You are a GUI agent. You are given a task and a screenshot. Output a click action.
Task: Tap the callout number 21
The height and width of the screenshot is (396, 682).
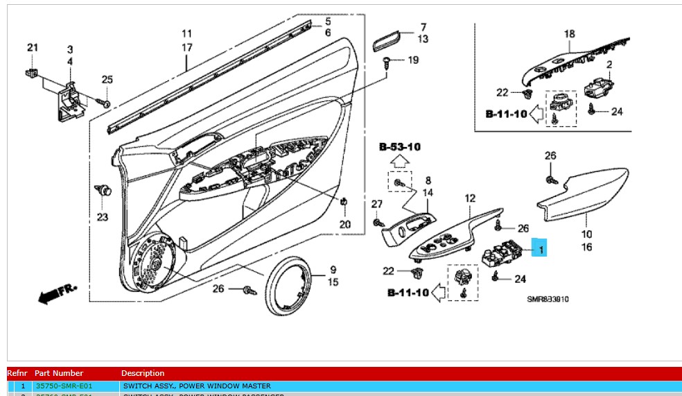pos(33,47)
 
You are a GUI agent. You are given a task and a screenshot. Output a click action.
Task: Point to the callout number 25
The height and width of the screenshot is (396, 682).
pos(107,80)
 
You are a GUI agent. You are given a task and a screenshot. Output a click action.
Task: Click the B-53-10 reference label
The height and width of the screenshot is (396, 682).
pos(399,147)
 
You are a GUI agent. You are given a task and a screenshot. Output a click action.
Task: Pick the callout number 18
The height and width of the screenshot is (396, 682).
pos(569,33)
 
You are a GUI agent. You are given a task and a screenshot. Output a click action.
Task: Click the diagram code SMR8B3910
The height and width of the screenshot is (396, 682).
pos(548,300)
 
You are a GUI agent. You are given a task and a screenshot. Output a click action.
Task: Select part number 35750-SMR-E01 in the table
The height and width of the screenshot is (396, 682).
pos(64,386)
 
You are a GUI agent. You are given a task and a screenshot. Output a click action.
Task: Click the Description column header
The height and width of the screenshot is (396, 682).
pos(143,373)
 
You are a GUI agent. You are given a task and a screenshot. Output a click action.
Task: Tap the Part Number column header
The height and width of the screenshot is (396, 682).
pos(59,373)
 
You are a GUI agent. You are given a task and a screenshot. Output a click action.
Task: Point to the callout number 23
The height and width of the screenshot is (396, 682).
pos(103,217)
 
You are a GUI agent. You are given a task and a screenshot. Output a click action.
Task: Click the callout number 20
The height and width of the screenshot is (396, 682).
pos(344,224)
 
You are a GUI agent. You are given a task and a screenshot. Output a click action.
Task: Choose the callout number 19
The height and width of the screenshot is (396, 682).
pos(412,60)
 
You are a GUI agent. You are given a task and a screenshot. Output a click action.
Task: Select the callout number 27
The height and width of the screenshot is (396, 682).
pos(376,204)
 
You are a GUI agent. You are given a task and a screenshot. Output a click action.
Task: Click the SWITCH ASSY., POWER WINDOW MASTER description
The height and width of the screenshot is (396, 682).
pos(197,386)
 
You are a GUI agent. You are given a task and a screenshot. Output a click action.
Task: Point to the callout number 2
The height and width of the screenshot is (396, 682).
pos(610,64)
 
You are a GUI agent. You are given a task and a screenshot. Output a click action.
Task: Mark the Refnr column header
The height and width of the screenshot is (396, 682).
pos(17,373)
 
